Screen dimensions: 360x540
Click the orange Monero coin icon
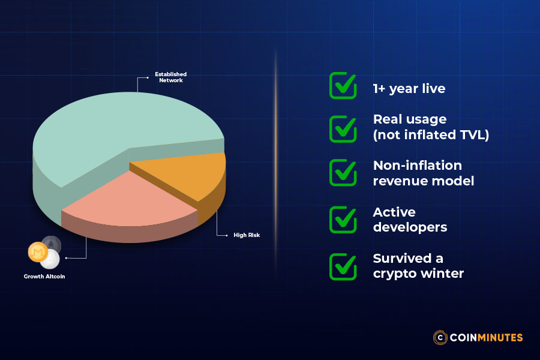coord(37,252)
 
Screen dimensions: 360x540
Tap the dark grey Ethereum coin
coord(52,244)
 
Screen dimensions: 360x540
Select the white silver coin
coord(50,259)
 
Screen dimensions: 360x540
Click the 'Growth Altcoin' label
coord(44,277)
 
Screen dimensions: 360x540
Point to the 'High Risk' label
coord(247,235)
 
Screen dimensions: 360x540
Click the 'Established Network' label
coord(171,77)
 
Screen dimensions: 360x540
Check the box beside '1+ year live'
coord(343,86)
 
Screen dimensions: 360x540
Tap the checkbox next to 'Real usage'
coord(343,127)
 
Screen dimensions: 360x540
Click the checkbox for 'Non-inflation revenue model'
coord(343,173)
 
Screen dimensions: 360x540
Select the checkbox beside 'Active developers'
coord(343,220)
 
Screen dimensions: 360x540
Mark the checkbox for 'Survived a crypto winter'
coord(343,266)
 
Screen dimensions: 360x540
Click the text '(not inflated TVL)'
coord(431,135)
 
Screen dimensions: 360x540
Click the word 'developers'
coord(410,227)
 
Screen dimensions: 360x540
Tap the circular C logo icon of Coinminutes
coord(441,337)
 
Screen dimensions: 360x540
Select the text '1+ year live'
coord(409,89)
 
